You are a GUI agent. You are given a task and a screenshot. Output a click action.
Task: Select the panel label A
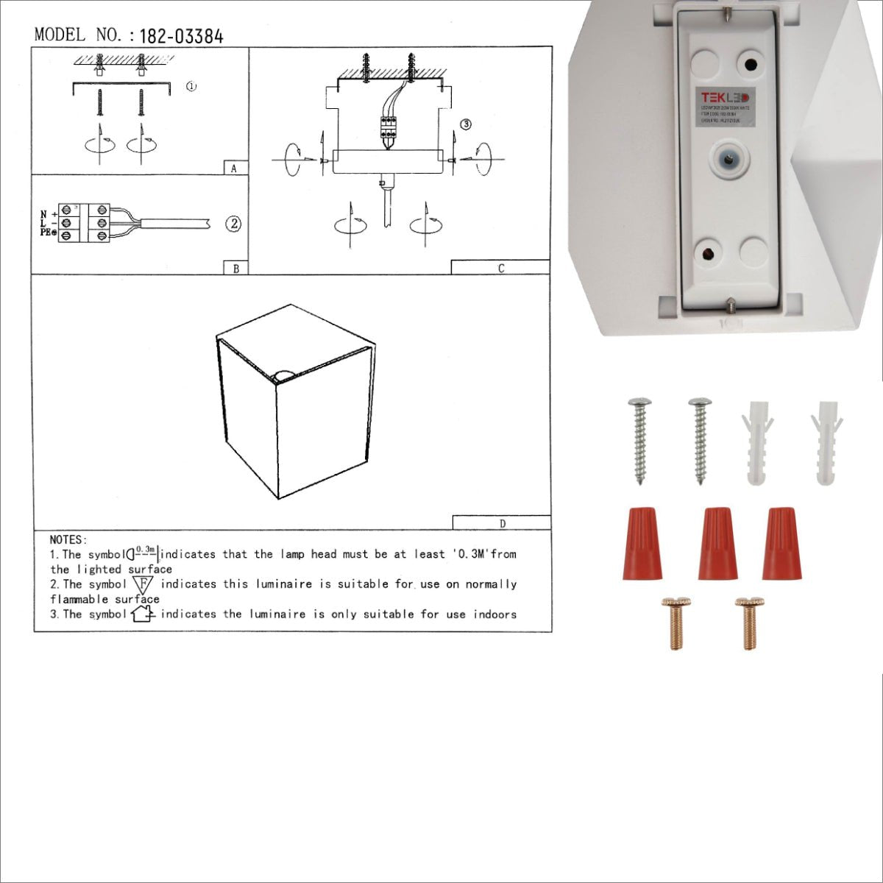[x=234, y=169]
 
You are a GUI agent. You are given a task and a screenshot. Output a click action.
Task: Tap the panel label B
[x=235, y=269]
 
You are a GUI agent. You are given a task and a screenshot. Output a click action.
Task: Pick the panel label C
[x=500, y=269]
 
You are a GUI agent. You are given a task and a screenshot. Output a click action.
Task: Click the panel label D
[x=502, y=524]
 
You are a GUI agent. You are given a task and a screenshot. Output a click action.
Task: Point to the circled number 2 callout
[x=233, y=224]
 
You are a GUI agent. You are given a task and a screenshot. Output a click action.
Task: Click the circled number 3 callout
[x=465, y=124]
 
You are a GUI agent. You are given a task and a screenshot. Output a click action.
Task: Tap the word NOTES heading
[x=68, y=540]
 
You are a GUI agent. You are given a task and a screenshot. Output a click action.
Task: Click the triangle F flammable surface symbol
[x=143, y=584]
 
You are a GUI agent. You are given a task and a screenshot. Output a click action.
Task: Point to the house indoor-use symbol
[x=142, y=614]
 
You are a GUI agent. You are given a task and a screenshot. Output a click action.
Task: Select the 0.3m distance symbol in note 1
[x=143, y=552]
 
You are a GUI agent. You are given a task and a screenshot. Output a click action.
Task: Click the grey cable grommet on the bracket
[x=728, y=158]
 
